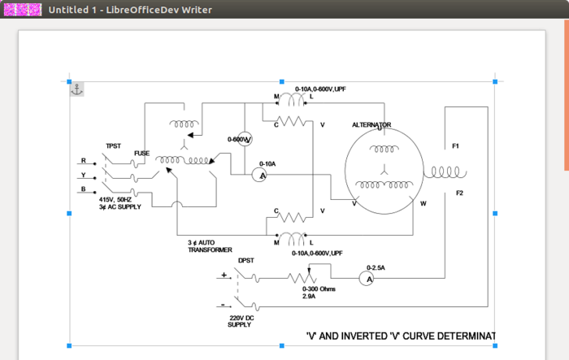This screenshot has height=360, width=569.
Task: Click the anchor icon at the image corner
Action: tap(76, 89)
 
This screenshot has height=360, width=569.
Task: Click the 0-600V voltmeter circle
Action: tap(248, 139)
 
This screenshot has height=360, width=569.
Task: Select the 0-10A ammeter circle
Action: tap(260, 174)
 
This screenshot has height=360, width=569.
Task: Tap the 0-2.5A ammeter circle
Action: tap(367, 278)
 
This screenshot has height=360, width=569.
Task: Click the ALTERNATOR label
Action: tap(371, 125)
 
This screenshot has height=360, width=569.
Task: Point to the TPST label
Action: tap(113, 146)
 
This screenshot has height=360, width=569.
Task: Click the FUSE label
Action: tap(142, 153)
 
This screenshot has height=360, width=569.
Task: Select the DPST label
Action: tap(246, 261)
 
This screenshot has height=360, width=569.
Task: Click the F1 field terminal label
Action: tap(456, 146)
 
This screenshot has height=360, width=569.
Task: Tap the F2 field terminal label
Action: tap(459, 193)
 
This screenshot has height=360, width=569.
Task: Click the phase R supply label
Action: tap(83, 161)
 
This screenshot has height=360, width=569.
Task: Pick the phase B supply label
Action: tap(83, 189)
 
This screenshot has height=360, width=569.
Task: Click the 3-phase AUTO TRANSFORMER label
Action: tap(211, 246)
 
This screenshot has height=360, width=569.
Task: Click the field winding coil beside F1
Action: tap(445, 173)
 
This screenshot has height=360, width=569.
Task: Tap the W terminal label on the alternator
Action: tap(423, 203)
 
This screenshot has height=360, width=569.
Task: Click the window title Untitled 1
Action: tap(74, 10)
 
